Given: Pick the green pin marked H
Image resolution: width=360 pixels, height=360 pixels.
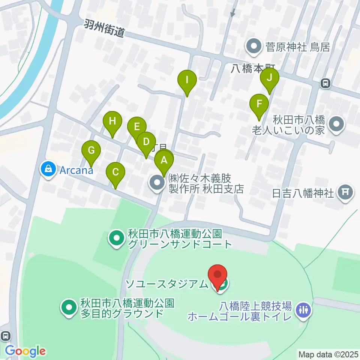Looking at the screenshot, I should click(x=112, y=122).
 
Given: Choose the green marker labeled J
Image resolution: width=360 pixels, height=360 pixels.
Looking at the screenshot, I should click(x=269, y=78).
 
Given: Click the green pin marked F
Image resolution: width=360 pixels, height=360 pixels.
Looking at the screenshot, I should click(x=259, y=103).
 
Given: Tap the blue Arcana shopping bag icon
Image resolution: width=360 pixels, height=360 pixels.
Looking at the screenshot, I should click(x=49, y=169).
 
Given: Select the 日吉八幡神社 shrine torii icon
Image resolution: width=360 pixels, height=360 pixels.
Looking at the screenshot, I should click(x=345, y=193).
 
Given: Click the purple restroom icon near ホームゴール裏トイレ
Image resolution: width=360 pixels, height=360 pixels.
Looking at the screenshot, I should click(x=303, y=310).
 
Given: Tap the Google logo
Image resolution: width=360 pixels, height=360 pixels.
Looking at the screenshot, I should click(x=25, y=351).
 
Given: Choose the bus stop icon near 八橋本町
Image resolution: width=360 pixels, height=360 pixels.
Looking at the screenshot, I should click(x=325, y=83).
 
